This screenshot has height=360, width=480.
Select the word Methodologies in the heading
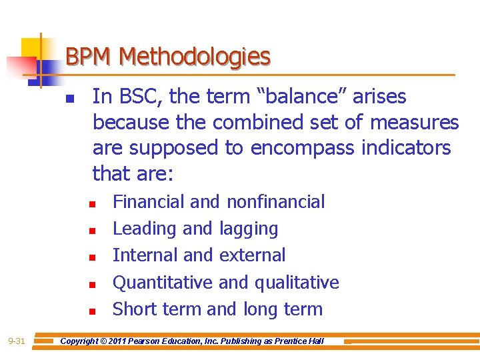click(195, 57)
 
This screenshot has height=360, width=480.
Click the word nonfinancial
click(275, 201)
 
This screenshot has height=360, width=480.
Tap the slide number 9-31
click(17, 341)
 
